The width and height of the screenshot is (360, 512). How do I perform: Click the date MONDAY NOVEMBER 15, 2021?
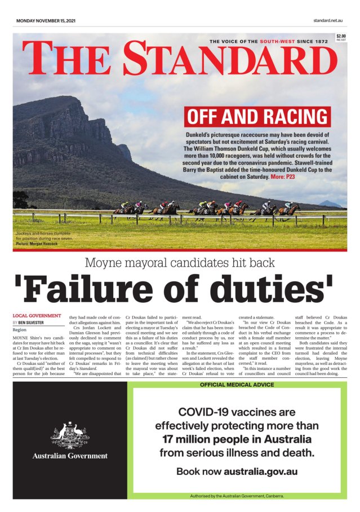[x=46, y=21]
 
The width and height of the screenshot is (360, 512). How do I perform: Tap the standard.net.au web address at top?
[x=328, y=21]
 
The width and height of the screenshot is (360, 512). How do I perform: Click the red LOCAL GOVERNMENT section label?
[x=37, y=316]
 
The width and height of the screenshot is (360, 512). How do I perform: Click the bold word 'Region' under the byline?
[x=20, y=329]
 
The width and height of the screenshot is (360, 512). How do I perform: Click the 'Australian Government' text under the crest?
[x=70, y=456]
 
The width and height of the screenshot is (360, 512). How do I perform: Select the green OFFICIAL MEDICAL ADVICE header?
[x=237, y=385]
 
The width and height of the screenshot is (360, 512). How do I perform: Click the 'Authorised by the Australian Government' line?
[x=237, y=496]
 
